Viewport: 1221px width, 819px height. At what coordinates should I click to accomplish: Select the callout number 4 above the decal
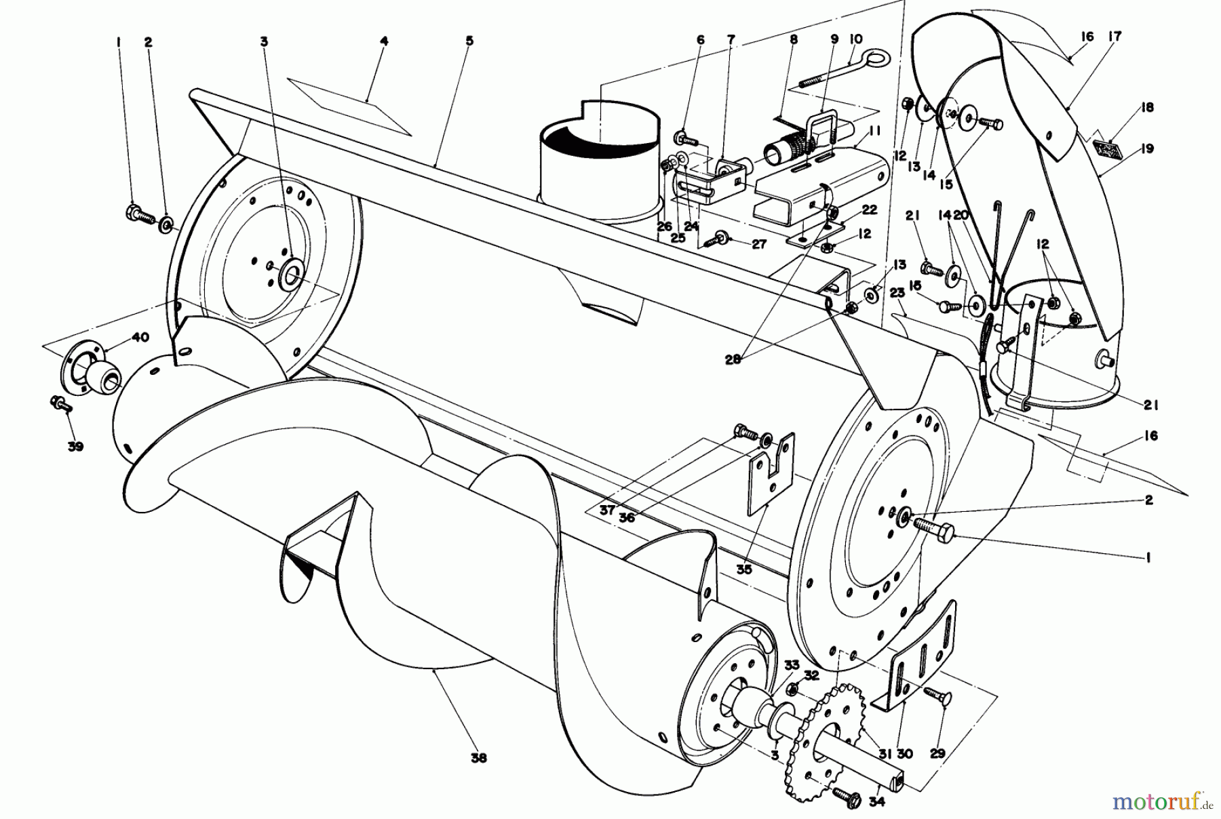pos(383,41)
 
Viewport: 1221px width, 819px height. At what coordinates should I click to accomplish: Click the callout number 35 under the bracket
pos(744,570)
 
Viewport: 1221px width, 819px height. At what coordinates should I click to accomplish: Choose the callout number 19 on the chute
pos(1146,148)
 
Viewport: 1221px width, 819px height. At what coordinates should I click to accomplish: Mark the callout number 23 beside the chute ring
pos(897,293)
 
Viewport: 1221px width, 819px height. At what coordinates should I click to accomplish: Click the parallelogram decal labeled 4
pos(349,108)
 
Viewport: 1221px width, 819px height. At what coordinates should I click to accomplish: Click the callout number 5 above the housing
pos(469,41)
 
